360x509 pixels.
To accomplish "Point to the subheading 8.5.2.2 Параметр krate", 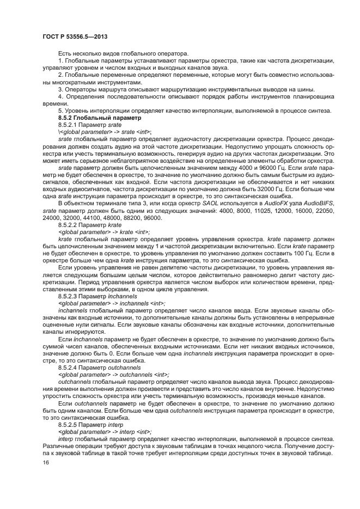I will (90, 224).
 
